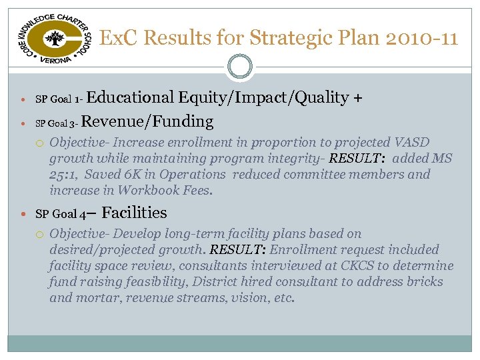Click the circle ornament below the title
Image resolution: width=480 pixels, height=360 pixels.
(239, 67)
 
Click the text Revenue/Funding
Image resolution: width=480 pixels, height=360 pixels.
(148, 121)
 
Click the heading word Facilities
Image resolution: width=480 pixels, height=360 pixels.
(135, 213)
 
